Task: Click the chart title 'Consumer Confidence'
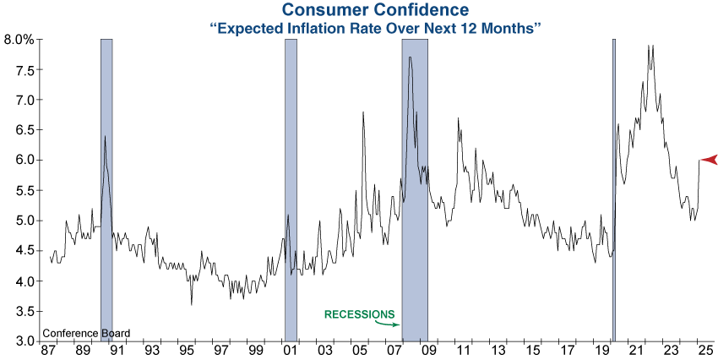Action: point(374,10)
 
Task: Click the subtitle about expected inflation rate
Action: point(374,28)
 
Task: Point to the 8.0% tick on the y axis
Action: point(19,40)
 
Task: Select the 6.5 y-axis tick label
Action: point(22,130)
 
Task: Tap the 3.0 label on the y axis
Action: point(22,341)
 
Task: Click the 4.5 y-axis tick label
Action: point(22,251)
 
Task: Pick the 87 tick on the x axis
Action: point(46,351)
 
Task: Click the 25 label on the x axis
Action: point(705,351)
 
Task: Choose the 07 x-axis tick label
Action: point(394,351)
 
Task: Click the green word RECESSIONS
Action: point(358,314)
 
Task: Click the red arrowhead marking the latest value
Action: point(709,160)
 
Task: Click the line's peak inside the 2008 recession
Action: point(410,57)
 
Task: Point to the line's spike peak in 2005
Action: point(363,112)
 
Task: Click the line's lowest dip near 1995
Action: point(192,304)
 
